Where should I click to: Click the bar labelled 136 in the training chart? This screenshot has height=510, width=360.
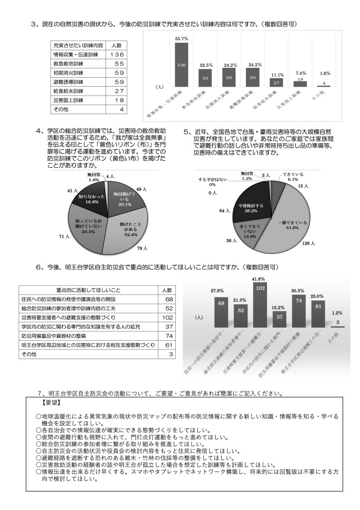181,65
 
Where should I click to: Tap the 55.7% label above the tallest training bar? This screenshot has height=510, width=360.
181,38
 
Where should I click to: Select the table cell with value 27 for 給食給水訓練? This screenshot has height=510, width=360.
114,91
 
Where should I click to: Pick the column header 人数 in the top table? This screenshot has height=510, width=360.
114,45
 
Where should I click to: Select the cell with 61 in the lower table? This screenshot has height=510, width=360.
168,344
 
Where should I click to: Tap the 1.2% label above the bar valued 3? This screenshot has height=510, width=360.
337,313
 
